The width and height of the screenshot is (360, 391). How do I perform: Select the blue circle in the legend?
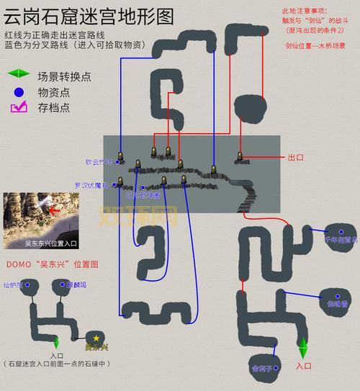[18, 91]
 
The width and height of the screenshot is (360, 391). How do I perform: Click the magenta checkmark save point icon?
[18, 107]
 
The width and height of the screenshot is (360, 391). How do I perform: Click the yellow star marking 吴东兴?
[96, 338]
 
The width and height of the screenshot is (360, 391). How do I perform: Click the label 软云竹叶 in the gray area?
[99, 162]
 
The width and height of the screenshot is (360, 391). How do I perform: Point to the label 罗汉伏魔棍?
[91, 185]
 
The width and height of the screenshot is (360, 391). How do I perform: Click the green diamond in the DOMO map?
[57, 342]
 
